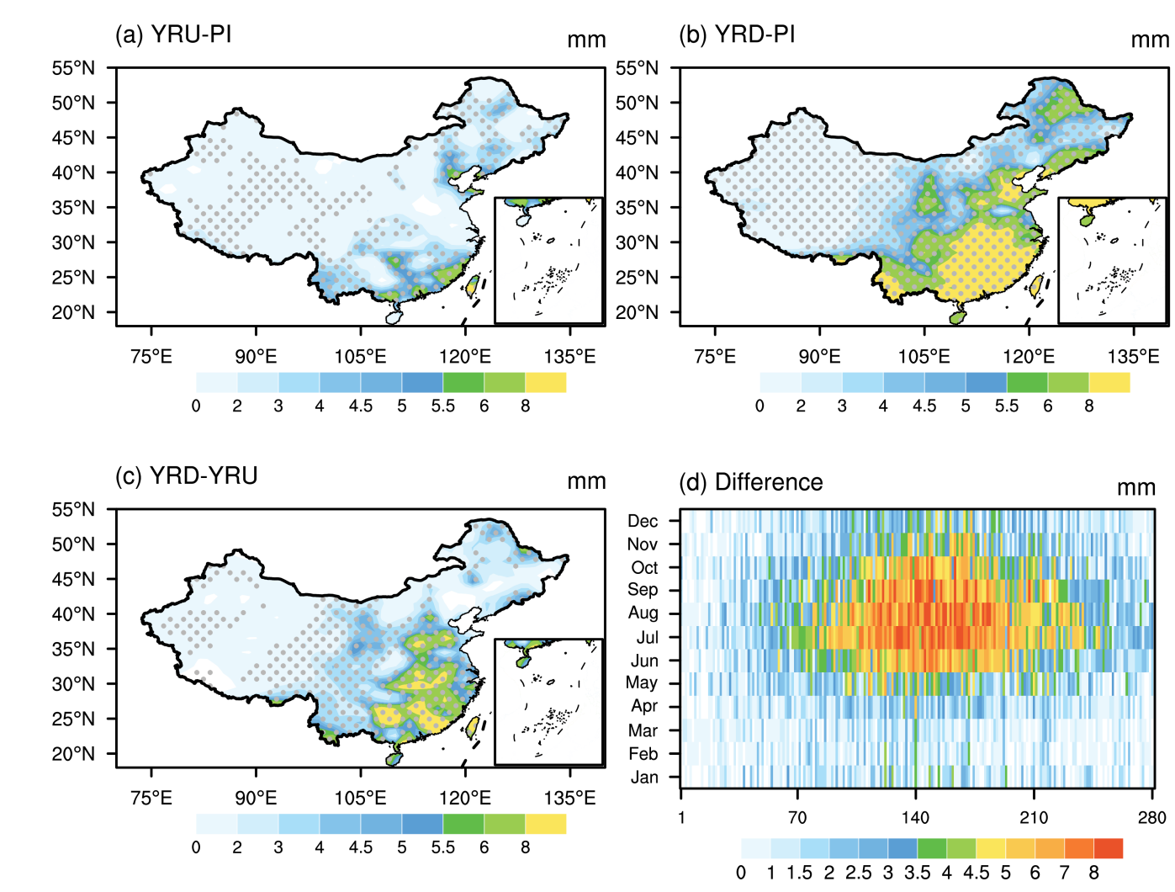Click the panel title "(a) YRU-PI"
click(x=173, y=35)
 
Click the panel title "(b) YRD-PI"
click(x=737, y=35)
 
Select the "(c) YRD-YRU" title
click(x=186, y=476)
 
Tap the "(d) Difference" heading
click(x=750, y=483)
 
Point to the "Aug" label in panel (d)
click(x=643, y=613)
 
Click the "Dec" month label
click(x=643, y=522)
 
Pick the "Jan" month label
click(x=644, y=778)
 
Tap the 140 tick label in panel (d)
click(x=915, y=818)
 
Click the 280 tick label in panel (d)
click(x=1151, y=818)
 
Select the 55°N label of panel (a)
click(x=73, y=68)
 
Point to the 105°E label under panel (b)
click(x=924, y=357)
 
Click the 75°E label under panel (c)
click(x=151, y=798)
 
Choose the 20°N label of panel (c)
click(x=73, y=754)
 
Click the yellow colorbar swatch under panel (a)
click(x=546, y=383)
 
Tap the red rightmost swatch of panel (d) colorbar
click(x=1108, y=848)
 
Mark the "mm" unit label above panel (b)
click(x=1150, y=40)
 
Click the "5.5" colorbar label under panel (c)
click(x=443, y=847)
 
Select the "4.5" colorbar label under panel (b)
click(x=924, y=406)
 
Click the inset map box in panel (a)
click(x=548, y=261)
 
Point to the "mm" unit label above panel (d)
click(x=1135, y=489)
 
